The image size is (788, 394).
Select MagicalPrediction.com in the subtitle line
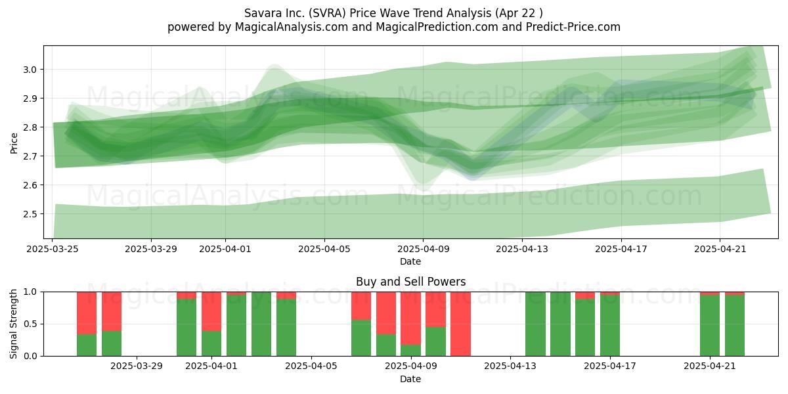437,27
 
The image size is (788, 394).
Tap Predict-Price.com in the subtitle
573,27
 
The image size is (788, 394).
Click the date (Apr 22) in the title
519,13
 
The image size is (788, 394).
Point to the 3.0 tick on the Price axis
30,70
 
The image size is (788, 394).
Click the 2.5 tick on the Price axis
30,214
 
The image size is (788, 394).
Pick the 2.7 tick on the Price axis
30,156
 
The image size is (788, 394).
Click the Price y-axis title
14,143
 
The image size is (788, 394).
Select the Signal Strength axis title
13,324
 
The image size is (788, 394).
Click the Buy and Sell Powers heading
410,282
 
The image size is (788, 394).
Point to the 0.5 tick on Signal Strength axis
30,324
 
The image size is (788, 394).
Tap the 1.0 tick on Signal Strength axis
30,292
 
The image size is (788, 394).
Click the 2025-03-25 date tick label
53,249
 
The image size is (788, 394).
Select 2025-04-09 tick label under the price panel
423,249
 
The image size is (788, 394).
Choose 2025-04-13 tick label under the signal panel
510,366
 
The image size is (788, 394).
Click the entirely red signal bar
460,324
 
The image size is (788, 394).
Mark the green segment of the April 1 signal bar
211,343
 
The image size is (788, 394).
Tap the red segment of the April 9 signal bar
410,318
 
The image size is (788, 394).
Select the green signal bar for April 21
710,326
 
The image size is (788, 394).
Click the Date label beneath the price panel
410,262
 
